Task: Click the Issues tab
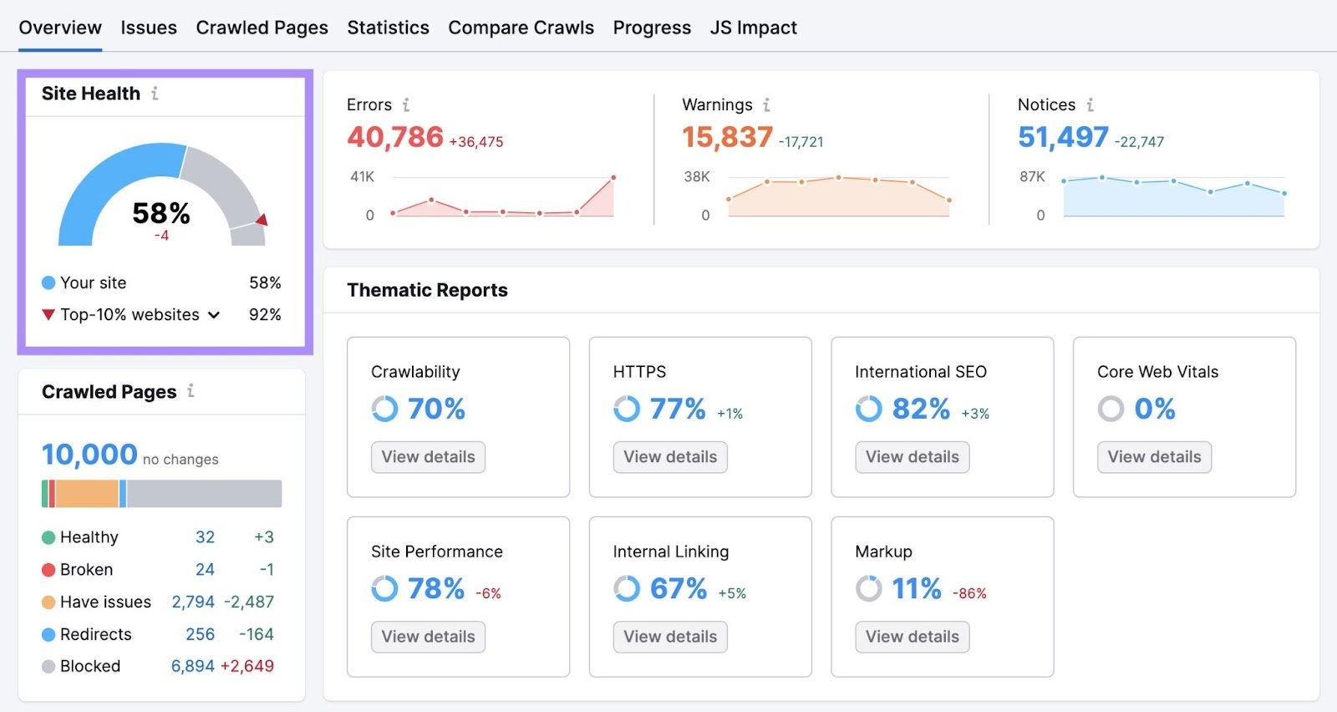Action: point(148,28)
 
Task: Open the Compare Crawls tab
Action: point(521,28)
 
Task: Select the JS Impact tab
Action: point(753,28)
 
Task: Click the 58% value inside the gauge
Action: point(161,213)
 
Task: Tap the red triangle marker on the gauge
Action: point(262,220)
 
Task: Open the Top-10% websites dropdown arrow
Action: point(214,315)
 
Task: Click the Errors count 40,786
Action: point(395,137)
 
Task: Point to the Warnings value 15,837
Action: point(727,137)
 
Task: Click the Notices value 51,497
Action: point(1063,137)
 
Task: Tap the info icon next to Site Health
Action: point(155,94)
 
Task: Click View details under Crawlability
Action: point(428,457)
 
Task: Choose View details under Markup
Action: point(912,637)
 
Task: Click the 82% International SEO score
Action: point(921,409)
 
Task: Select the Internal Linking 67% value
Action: point(679,588)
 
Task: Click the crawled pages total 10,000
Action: point(89,455)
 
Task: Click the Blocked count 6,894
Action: point(193,666)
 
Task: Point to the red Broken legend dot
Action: point(48,570)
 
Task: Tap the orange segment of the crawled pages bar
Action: point(87,494)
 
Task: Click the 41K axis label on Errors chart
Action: point(362,176)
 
